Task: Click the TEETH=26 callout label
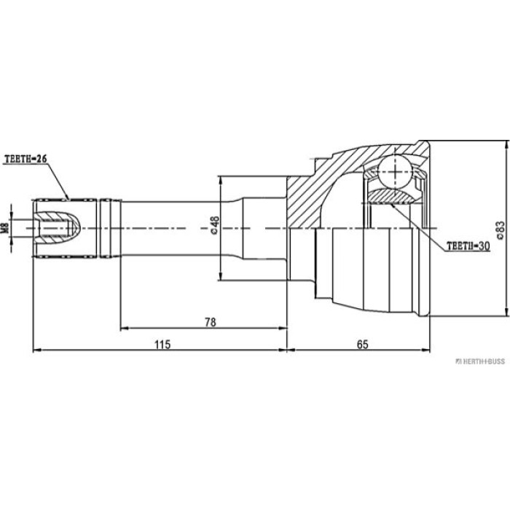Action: tap(25, 159)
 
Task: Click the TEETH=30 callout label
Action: tap(468, 246)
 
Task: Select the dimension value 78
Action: tap(211, 322)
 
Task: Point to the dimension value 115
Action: tap(162, 344)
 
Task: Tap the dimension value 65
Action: tap(362, 344)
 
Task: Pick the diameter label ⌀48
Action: tap(215, 225)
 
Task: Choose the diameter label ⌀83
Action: tap(500, 230)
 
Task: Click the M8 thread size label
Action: tap(5, 227)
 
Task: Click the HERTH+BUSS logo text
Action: tap(480, 361)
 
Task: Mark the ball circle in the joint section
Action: tap(395, 173)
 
